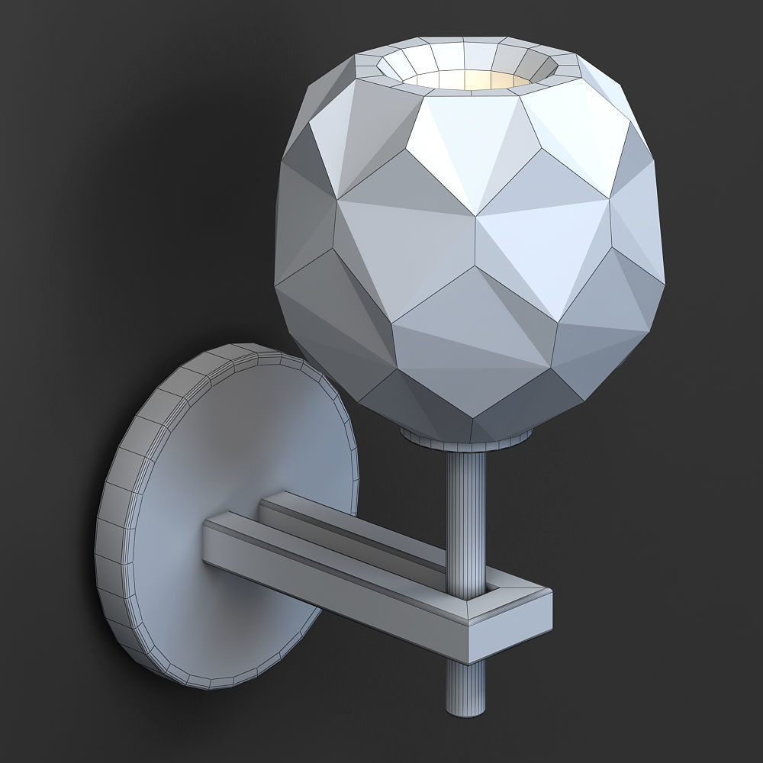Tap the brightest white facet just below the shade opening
point(450,137)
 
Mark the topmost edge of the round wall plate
point(244,346)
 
